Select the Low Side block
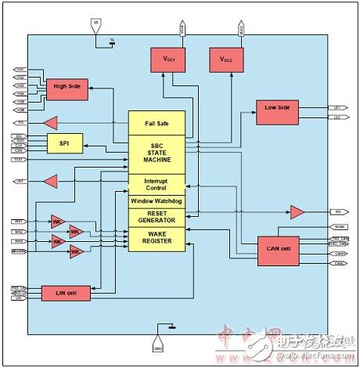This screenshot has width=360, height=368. coord(278,111)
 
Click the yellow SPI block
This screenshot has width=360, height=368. coord(65,143)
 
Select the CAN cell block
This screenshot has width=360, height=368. coord(279,249)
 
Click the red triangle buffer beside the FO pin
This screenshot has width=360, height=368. coord(51,122)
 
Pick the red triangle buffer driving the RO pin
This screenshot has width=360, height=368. coord(297,211)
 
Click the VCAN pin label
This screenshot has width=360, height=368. coord(339,227)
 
